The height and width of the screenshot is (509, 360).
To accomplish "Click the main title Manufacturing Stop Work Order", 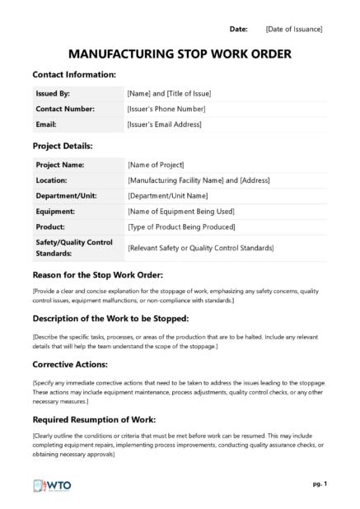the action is [x=179, y=54].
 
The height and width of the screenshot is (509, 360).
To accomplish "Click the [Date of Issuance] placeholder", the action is [x=294, y=29].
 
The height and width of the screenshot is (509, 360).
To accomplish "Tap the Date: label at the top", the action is [x=238, y=29].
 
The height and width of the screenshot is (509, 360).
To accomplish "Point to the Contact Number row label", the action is [x=65, y=109].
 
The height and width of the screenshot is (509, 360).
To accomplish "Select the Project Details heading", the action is [x=63, y=146].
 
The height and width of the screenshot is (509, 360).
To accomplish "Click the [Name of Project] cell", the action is [x=156, y=165].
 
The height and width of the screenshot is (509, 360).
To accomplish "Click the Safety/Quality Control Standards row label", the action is [x=74, y=247].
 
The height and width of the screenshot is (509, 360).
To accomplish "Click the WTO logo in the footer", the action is [x=52, y=486].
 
